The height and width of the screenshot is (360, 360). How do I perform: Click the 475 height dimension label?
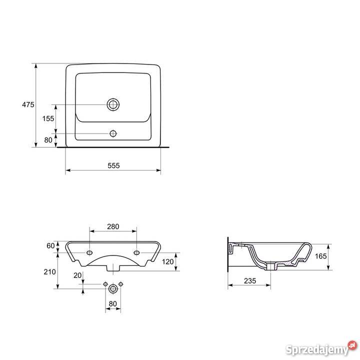[28, 104]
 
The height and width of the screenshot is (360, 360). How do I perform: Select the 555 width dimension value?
[113, 165]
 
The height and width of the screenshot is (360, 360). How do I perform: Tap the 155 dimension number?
[48, 118]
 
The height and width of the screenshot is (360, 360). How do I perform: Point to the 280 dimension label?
[113, 226]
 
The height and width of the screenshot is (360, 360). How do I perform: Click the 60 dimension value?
[50, 246]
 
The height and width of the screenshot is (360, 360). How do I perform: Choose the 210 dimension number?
[50, 272]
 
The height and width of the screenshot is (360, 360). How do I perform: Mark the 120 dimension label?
[168, 261]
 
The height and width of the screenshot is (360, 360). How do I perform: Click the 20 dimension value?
[77, 275]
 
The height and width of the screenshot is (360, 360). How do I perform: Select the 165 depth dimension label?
[320, 256]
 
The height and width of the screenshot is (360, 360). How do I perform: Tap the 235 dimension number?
[250, 281]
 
